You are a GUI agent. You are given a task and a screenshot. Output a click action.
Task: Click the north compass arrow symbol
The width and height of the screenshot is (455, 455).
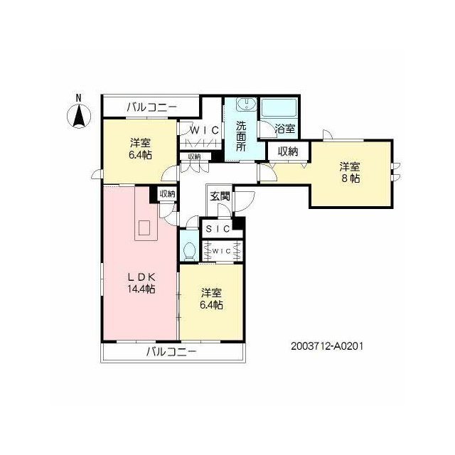[x=79, y=116]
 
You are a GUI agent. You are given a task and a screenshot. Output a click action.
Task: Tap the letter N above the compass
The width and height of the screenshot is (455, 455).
[x=79, y=98]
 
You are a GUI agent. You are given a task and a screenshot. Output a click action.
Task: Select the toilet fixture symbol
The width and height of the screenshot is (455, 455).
[x=190, y=250]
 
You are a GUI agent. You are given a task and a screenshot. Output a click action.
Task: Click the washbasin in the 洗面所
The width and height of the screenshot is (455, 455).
[x=247, y=104]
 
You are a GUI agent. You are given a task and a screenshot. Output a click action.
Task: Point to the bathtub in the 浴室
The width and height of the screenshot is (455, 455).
[x=279, y=107]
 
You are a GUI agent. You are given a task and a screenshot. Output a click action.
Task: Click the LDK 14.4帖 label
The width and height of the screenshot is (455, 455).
[x=141, y=283]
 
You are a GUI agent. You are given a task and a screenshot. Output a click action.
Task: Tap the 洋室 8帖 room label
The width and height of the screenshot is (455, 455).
[x=350, y=172]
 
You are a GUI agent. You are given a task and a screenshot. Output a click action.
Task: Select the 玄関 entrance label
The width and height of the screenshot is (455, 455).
[x=220, y=196]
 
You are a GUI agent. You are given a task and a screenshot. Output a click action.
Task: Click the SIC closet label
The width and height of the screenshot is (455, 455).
[x=218, y=229]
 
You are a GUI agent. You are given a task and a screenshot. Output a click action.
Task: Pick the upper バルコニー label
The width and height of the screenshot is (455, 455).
[x=151, y=107]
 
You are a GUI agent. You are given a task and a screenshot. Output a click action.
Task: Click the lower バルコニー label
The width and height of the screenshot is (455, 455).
[x=171, y=352]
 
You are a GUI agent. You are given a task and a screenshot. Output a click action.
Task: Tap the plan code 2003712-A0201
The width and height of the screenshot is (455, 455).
[x=327, y=346]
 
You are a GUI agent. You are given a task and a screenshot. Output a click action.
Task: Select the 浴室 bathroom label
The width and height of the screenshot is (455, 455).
[x=285, y=128]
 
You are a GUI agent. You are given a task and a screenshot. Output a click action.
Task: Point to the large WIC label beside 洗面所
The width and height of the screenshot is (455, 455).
[x=204, y=131]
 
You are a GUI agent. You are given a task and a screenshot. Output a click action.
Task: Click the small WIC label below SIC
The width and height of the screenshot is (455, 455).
[x=221, y=251]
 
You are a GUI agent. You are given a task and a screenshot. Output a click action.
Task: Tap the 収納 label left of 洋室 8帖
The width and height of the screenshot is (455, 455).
[x=288, y=151]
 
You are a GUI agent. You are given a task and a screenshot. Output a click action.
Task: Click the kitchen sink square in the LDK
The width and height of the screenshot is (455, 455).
[x=144, y=228]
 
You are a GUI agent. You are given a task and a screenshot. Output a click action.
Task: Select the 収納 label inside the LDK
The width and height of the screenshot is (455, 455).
[x=167, y=194]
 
